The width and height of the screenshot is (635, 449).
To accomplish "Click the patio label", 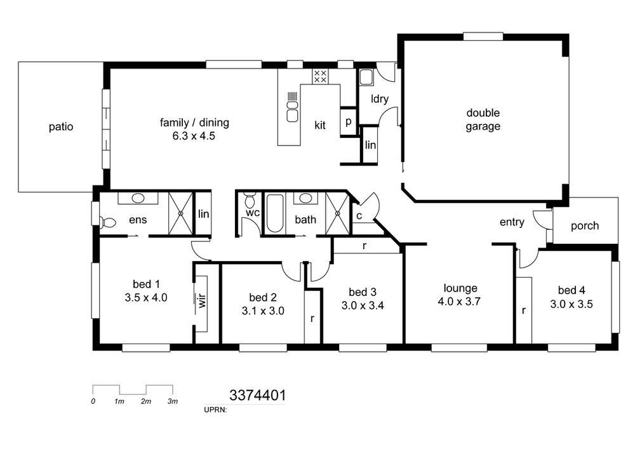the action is pos(61,127).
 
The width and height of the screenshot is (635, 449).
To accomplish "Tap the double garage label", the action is pos(483,119).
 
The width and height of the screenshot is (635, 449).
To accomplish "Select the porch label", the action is pos(585,226).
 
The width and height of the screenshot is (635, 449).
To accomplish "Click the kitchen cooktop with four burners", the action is pos(320,76).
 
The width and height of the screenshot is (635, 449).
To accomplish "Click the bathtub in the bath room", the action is pos(275,213).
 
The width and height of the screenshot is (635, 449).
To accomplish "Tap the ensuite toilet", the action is pos(107,222).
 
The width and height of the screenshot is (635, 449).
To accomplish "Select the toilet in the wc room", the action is pos(250,199).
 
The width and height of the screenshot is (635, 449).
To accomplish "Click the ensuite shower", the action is pos(180,213).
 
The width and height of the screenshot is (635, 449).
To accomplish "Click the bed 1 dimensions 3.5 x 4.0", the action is pos(146,298).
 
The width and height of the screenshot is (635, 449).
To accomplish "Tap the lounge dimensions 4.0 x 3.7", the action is pos(459,302).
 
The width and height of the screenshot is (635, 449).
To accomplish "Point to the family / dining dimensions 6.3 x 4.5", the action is pos(194,136).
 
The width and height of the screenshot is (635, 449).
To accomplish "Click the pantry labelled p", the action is pos(348,121).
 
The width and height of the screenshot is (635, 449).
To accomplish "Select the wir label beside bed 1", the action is pos(202,301).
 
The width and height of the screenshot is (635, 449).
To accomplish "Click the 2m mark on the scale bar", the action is pos(146,401).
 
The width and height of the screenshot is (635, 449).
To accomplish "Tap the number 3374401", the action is pos(258,395).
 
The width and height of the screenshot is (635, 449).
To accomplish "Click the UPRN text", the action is pos(215,410).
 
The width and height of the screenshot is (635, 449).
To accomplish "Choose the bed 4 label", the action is pos(571,290).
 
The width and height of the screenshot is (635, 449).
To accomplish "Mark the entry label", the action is pos(512,222).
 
